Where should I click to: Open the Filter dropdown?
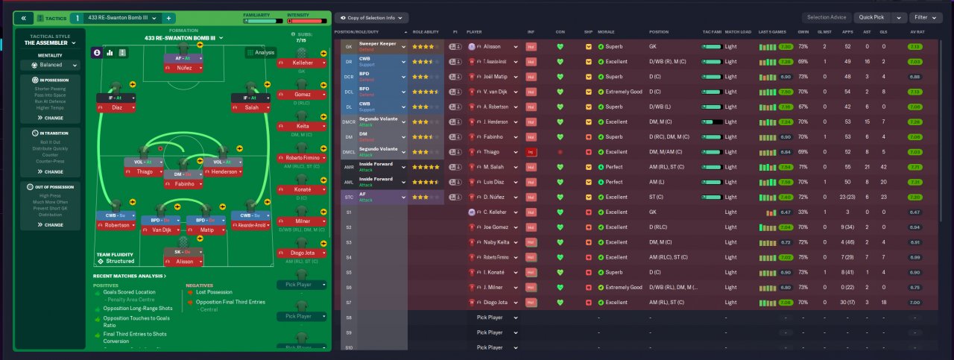[926, 17]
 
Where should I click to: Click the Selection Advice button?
[827, 17]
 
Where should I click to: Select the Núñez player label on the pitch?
[186, 68]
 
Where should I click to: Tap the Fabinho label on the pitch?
[184, 183]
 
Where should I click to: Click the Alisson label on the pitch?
[184, 262]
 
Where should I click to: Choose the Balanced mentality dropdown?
[50, 65]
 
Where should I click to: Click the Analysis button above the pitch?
[261, 52]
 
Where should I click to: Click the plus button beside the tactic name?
[168, 17]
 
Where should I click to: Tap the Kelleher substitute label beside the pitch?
[301, 64]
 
